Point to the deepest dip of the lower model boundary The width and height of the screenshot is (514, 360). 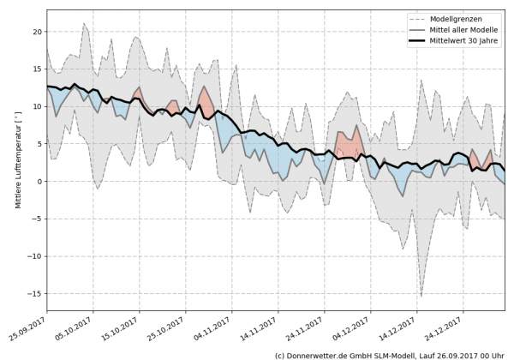pyautogui.click(x=421, y=297)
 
